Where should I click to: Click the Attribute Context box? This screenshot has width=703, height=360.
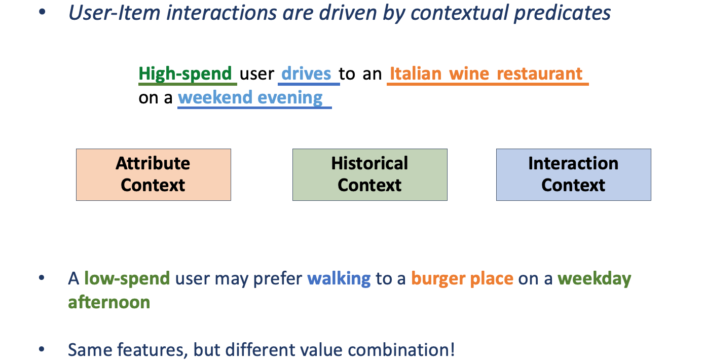coord(154,174)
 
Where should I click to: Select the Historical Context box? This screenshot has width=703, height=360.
coord(369,174)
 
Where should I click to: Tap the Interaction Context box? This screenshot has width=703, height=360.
coord(573,174)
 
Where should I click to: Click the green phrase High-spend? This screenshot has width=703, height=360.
coord(185,74)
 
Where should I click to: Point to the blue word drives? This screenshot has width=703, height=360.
coord(306,74)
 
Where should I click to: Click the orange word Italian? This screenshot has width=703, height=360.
coord(416,74)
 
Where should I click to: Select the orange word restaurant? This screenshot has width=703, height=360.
coord(539,74)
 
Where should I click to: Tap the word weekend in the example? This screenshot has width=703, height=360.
coord(215,97)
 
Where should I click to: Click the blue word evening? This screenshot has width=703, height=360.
coord(290,98)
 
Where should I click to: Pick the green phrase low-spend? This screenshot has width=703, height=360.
coord(127,279)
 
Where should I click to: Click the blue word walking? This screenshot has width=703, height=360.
coord(339,279)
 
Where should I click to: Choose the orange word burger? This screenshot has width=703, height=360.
coord(438,279)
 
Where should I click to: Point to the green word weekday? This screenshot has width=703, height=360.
coord(595,279)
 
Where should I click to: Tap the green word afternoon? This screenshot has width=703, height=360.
coord(109,302)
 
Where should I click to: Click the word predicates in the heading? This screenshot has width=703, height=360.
coord(562,13)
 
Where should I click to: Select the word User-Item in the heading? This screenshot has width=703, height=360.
coord(114,13)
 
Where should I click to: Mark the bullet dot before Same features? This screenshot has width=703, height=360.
coord(42,349)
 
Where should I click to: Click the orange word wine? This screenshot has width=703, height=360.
coord(469,74)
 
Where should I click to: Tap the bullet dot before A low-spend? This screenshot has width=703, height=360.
coord(42,278)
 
